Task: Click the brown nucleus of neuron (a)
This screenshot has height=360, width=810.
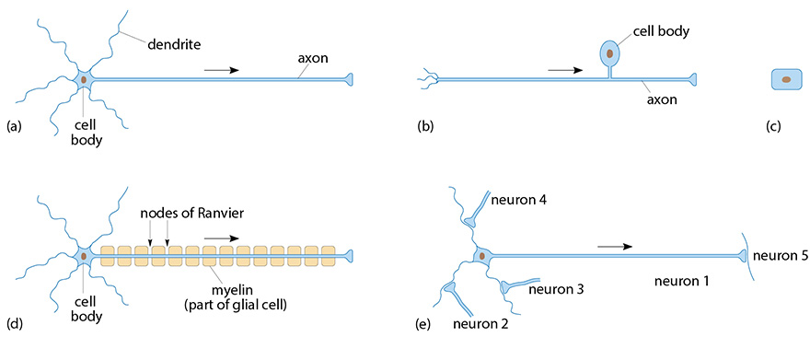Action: [84, 81]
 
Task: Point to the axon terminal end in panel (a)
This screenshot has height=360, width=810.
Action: [348, 81]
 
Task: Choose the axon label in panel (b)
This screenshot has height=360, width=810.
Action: [662, 102]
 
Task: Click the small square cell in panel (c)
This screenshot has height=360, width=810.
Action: [785, 80]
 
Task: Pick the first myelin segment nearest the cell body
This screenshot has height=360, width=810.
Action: [108, 253]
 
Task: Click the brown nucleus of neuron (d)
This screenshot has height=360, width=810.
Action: [84, 255]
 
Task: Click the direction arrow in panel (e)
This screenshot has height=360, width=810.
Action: [614, 246]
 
